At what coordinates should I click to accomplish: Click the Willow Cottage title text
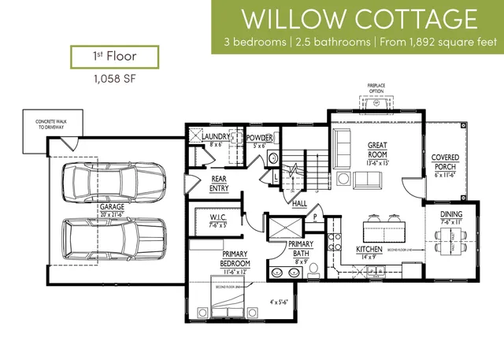[x=358, y=17]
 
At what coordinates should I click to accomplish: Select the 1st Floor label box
[x=114, y=58]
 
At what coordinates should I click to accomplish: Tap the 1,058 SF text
[x=114, y=79]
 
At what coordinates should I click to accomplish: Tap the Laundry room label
[x=214, y=140]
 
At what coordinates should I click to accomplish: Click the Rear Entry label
[x=219, y=184]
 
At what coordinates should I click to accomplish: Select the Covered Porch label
[x=446, y=163]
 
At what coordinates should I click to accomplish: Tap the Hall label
[x=299, y=203]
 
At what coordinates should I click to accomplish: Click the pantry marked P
[x=314, y=216]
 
